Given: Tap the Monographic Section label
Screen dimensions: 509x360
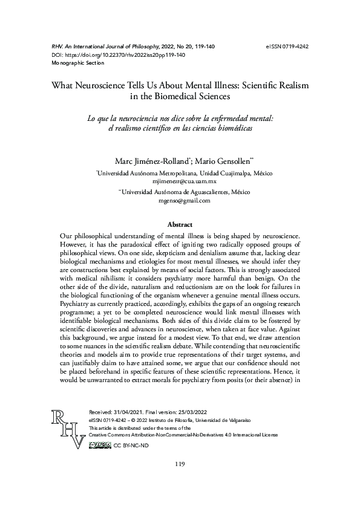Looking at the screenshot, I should (71, 63).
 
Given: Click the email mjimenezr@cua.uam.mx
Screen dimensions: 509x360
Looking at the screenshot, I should (180, 181).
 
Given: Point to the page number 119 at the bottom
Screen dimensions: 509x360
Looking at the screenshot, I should (180, 464).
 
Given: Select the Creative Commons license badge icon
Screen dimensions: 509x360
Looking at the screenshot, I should (100, 445).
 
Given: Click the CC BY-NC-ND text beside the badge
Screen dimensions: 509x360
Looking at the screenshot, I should (130, 446).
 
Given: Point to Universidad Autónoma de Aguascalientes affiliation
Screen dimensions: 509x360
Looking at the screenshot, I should (186, 192).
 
